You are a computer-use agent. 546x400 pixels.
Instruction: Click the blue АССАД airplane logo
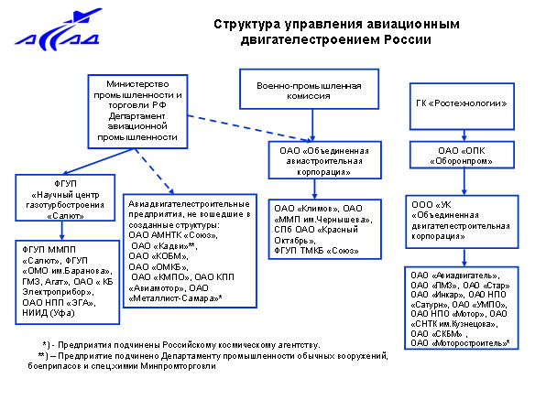(x=59, y=30)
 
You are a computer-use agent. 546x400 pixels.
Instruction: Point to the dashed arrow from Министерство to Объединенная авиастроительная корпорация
(x=249, y=128)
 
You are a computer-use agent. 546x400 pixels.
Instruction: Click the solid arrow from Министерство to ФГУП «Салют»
(x=99, y=161)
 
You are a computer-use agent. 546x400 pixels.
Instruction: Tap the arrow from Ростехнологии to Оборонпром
(x=464, y=135)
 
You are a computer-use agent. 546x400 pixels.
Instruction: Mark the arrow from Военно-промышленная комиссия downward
(x=312, y=125)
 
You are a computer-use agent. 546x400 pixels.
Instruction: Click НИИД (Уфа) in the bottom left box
(x=49, y=313)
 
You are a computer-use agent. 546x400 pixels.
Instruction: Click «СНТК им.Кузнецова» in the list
(x=453, y=324)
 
